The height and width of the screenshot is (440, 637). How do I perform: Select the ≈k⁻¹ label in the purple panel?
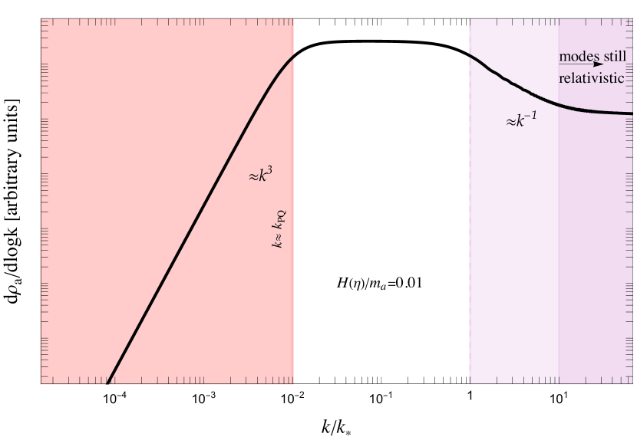point(520,119)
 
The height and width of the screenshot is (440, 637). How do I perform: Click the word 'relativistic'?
point(592,78)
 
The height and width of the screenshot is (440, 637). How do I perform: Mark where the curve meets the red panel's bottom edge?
point(107,383)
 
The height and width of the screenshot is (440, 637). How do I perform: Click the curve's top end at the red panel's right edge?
point(293,56)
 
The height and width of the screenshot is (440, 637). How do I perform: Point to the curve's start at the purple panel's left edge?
point(470,54)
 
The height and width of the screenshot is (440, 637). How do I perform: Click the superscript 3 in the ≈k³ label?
point(269,171)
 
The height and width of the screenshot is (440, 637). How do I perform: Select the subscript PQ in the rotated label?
point(282,217)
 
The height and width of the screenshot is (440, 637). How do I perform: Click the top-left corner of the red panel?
point(41,19)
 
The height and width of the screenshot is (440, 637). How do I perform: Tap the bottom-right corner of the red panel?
point(294,383)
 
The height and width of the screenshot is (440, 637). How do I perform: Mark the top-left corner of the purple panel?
point(470,19)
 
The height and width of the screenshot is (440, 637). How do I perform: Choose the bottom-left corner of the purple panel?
point(470,383)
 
